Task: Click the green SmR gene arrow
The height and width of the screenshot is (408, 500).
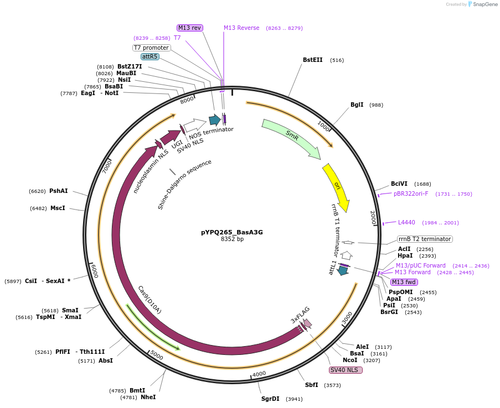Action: (291, 138)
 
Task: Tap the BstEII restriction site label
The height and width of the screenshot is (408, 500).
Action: (312, 60)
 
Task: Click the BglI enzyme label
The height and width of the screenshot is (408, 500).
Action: (357, 105)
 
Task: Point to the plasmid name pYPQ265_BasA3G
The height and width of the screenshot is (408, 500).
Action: (232, 232)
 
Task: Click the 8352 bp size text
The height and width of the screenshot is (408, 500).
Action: (232, 239)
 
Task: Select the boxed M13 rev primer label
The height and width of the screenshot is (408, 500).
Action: (190, 28)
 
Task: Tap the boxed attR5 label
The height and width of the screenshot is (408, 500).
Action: (150, 56)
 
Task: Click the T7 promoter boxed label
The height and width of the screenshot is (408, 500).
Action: (151, 48)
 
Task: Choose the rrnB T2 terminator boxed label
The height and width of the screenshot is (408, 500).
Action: (425, 239)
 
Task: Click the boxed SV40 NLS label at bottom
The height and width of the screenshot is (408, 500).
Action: (346, 370)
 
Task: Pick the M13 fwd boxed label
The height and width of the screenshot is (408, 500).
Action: (404, 282)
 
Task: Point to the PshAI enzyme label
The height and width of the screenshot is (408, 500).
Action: (58, 191)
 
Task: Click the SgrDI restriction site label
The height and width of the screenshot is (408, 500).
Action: (270, 399)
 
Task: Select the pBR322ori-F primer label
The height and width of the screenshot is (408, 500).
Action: (411, 193)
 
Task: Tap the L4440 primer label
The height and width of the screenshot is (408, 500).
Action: (406, 222)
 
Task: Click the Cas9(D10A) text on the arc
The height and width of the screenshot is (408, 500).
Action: (150, 300)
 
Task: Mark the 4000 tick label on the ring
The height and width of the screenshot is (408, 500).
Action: (259, 374)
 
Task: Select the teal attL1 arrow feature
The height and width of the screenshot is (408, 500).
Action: (343, 270)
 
